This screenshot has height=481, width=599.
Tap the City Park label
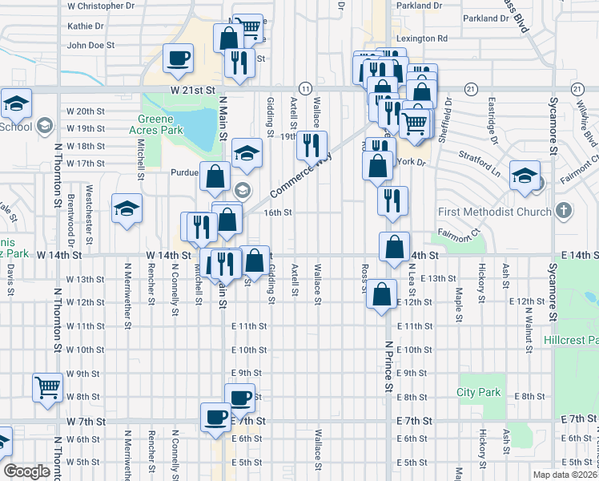(x=479, y=392)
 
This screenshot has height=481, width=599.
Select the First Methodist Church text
(x=494, y=212)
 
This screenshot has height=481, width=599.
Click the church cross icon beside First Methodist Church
(x=564, y=212)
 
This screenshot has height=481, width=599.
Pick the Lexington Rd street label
(x=421, y=38)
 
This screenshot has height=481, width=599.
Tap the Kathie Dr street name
(x=86, y=26)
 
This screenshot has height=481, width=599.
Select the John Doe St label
(x=92, y=45)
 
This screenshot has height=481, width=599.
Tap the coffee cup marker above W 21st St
(x=178, y=58)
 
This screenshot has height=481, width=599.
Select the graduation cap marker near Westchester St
(x=127, y=208)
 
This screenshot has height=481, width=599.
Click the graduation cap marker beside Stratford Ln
(x=525, y=175)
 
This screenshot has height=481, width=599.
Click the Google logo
(x=26, y=471)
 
